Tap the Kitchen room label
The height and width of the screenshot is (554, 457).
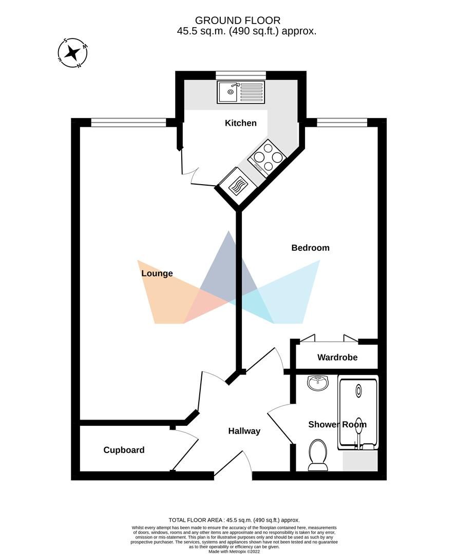pos(240,123)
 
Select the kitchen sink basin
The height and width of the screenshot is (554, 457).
pos(227,92)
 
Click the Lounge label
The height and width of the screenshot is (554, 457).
pos(157,273)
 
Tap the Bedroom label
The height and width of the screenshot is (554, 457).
pos(310,248)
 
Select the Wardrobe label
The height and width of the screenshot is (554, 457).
pos(337,357)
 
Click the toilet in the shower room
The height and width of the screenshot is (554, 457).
pos(318,454)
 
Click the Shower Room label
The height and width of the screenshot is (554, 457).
pos(337,424)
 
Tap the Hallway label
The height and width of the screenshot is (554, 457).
pos(244,431)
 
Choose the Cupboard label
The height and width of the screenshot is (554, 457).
pos(124,450)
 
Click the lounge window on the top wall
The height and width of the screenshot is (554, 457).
pos(128,122)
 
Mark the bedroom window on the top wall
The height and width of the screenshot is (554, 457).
pos(342,122)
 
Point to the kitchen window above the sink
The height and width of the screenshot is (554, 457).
pos(240,75)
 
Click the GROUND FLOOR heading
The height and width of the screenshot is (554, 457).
pos(238,21)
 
